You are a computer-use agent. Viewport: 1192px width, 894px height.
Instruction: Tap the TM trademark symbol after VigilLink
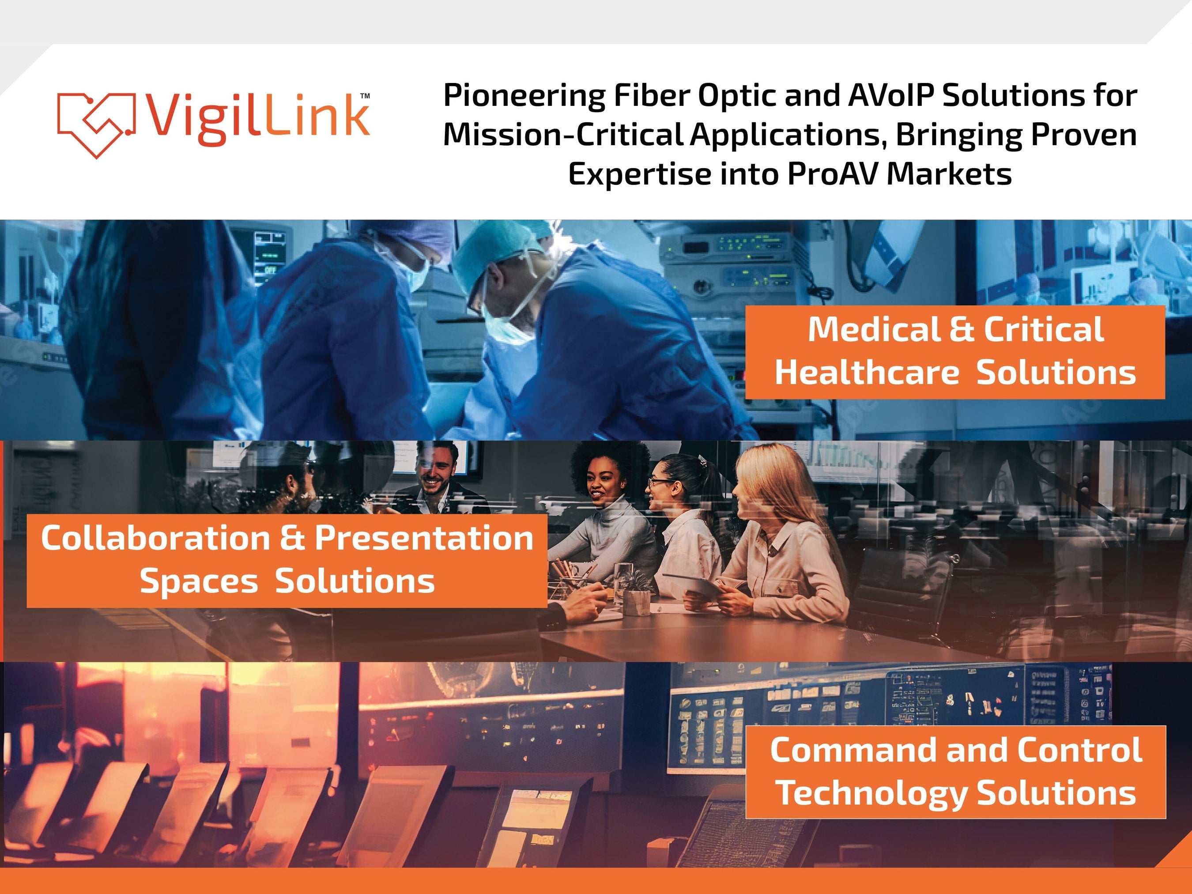point(365,96)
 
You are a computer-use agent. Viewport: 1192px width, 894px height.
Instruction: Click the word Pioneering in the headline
point(524,96)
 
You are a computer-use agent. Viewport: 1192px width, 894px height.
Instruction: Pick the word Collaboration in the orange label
point(155,538)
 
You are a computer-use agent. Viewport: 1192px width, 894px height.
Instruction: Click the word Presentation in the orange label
point(424,538)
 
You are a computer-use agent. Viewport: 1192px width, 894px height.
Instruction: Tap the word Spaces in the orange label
point(199,581)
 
